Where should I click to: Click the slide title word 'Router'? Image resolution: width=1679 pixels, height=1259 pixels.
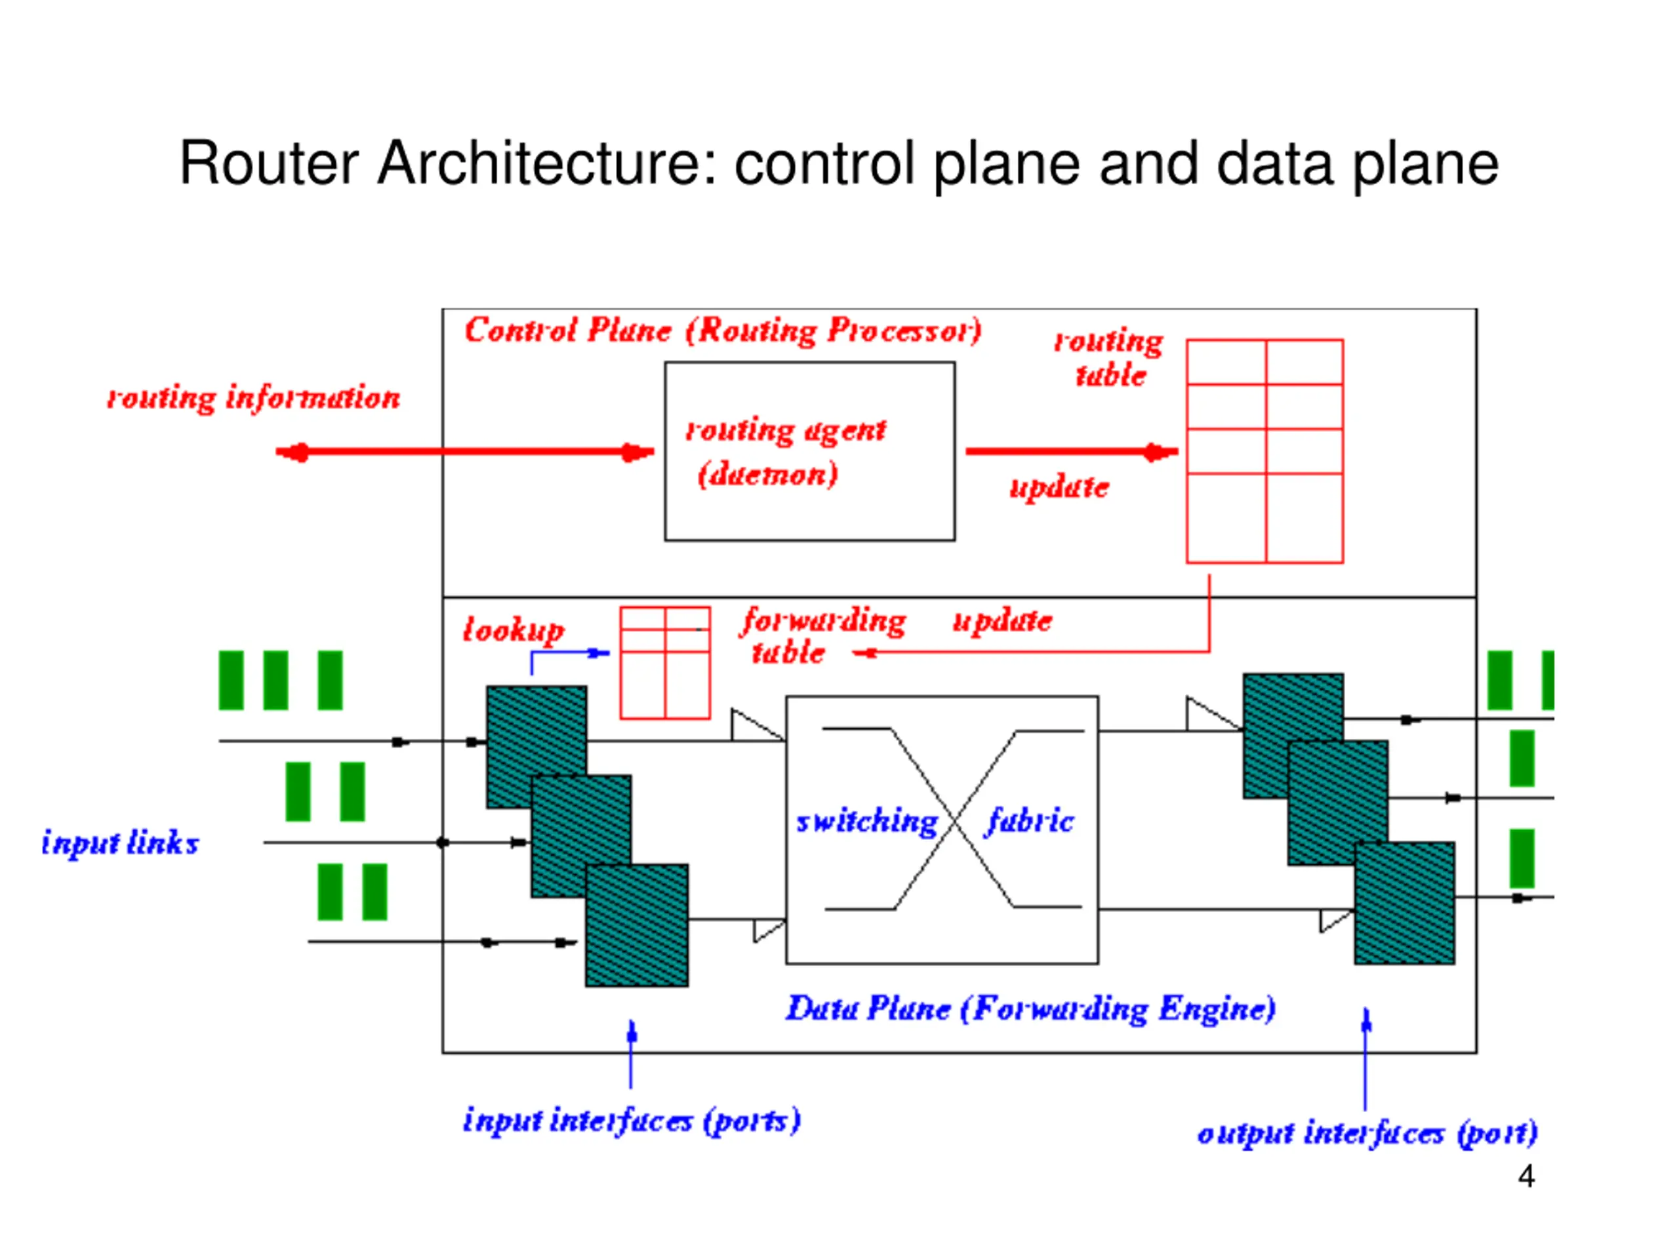[269, 163]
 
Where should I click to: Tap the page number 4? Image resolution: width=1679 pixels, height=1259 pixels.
[1526, 1176]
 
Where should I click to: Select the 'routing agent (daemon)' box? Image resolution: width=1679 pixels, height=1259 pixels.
[809, 452]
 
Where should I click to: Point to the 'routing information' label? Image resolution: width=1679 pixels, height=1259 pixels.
[254, 397]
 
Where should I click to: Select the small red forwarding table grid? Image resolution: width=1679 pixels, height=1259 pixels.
[665, 662]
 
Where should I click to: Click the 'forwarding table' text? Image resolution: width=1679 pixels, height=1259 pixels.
[824, 636]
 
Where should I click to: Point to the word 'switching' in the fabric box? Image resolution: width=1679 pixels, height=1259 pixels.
[867, 821]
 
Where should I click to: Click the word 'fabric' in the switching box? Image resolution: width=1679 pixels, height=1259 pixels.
[1030, 820]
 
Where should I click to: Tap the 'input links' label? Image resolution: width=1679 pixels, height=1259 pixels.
[120, 843]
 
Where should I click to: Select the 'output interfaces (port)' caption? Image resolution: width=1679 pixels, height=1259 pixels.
[1367, 1134]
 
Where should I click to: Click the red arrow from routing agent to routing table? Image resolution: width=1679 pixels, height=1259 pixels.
[1072, 452]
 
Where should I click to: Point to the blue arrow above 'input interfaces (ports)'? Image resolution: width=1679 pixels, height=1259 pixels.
[631, 1055]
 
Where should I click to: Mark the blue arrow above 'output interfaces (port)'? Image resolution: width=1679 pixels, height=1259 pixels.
[1365, 1058]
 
